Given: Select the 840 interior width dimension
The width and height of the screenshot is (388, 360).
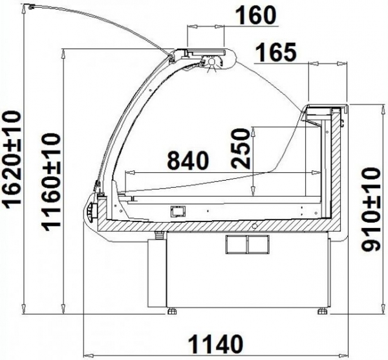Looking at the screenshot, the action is pyautogui.click(x=188, y=161).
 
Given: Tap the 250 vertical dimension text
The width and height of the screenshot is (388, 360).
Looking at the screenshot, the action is pyautogui.click(x=240, y=148).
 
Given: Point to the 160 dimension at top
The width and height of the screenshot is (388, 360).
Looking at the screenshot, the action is pyautogui.click(x=255, y=16).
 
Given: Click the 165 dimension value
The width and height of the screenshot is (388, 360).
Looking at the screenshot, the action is pyautogui.click(x=275, y=52).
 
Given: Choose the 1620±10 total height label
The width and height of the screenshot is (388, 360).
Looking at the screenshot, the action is pyautogui.click(x=12, y=160).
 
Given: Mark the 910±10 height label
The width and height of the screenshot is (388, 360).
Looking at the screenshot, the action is pyautogui.click(x=370, y=209).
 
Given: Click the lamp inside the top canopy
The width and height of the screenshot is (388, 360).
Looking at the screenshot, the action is pyautogui.click(x=212, y=62).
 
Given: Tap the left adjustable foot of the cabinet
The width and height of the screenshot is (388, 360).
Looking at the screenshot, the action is pyautogui.click(x=172, y=310).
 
